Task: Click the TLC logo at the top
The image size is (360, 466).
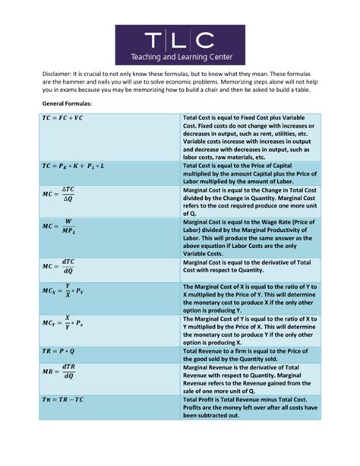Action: tap(180, 44)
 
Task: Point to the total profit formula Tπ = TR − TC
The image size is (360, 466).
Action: tap(68, 399)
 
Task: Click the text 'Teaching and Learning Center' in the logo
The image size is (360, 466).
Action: tap(180, 55)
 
